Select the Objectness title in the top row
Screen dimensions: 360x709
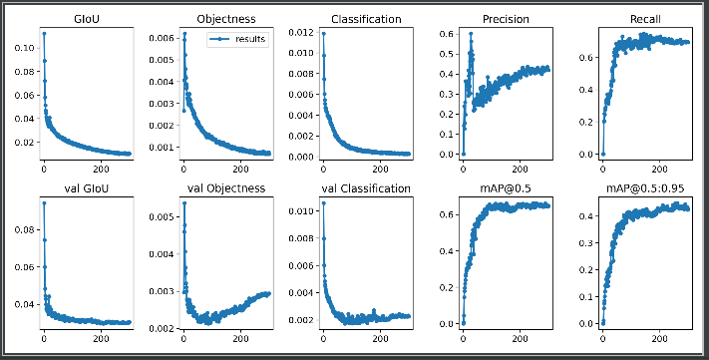point(227,19)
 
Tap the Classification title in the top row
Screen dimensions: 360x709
point(366,19)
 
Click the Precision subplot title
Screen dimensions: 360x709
point(507,19)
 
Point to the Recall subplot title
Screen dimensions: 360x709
point(646,19)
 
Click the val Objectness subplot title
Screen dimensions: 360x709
point(227,187)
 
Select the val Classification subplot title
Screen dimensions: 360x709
point(366,187)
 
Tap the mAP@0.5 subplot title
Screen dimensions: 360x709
point(507,187)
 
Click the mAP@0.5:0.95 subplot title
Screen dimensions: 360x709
point(646,187)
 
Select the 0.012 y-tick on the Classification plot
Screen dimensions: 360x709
point(300,33)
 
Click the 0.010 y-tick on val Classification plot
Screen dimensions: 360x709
point(300,211)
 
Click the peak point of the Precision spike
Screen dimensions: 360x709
point(471,34)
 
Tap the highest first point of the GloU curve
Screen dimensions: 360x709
point(43,34)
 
